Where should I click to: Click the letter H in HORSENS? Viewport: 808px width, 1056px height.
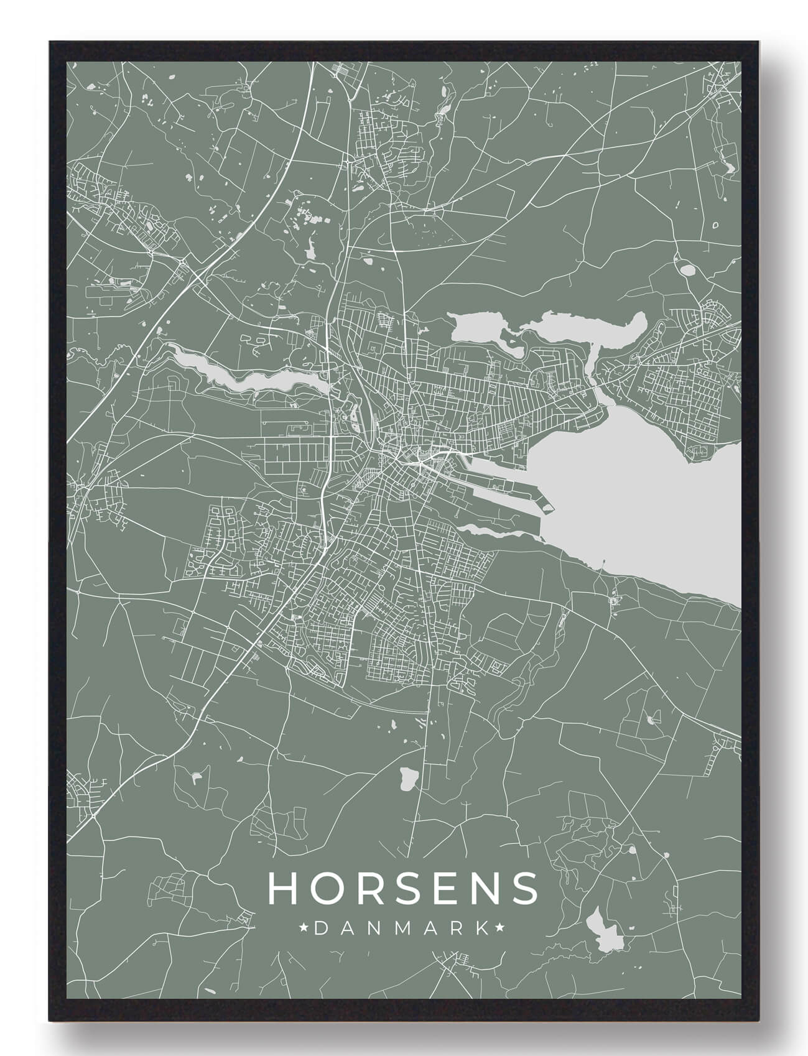[283, 888]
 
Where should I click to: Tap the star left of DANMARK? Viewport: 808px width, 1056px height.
[305, 929]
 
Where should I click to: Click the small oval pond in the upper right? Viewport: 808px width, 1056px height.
[688, 271]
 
